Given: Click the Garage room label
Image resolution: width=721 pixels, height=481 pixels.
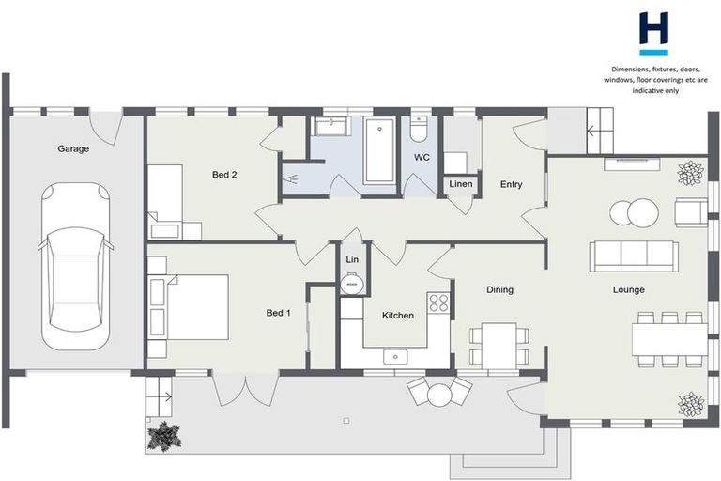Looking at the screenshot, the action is click(x=73, y=148).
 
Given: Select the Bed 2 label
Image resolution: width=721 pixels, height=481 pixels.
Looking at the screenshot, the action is click(x=224, y=175).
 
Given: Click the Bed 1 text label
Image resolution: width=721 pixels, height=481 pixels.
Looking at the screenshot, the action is click(x=278, y=313).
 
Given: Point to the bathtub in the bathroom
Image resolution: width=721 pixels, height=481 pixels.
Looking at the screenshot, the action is click(x=379, y=149).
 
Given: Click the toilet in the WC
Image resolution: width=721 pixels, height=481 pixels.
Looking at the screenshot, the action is click(x=419, y=129).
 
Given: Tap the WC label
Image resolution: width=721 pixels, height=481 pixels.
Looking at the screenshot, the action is click(x=422, y=158).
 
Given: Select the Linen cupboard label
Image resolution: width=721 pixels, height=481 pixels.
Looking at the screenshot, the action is click(x=461, y=184).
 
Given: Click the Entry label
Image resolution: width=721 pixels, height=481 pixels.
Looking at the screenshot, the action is click(x=512, y=184).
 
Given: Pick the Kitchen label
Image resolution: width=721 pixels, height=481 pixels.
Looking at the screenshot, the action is click(x=398, y=316).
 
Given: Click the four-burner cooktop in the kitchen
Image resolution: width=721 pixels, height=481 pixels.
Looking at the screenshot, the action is click(x=438, y=303).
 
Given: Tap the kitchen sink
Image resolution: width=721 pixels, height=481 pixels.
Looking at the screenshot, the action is click(x=395, y=357).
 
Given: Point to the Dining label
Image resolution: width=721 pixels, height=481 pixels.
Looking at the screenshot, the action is click(x=499, y=290).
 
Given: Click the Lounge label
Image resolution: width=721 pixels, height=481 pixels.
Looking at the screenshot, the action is click(x=629, y=290).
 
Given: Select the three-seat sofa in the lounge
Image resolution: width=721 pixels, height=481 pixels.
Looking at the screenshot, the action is click(x=634, y=256).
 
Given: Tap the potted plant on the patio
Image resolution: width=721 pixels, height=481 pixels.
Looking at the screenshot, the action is click(x=164, y=436).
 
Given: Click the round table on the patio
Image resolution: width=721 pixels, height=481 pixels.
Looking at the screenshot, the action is click(x=439, y=395).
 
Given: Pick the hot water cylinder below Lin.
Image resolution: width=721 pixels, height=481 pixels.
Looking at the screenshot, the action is click(x=352, y=284).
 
